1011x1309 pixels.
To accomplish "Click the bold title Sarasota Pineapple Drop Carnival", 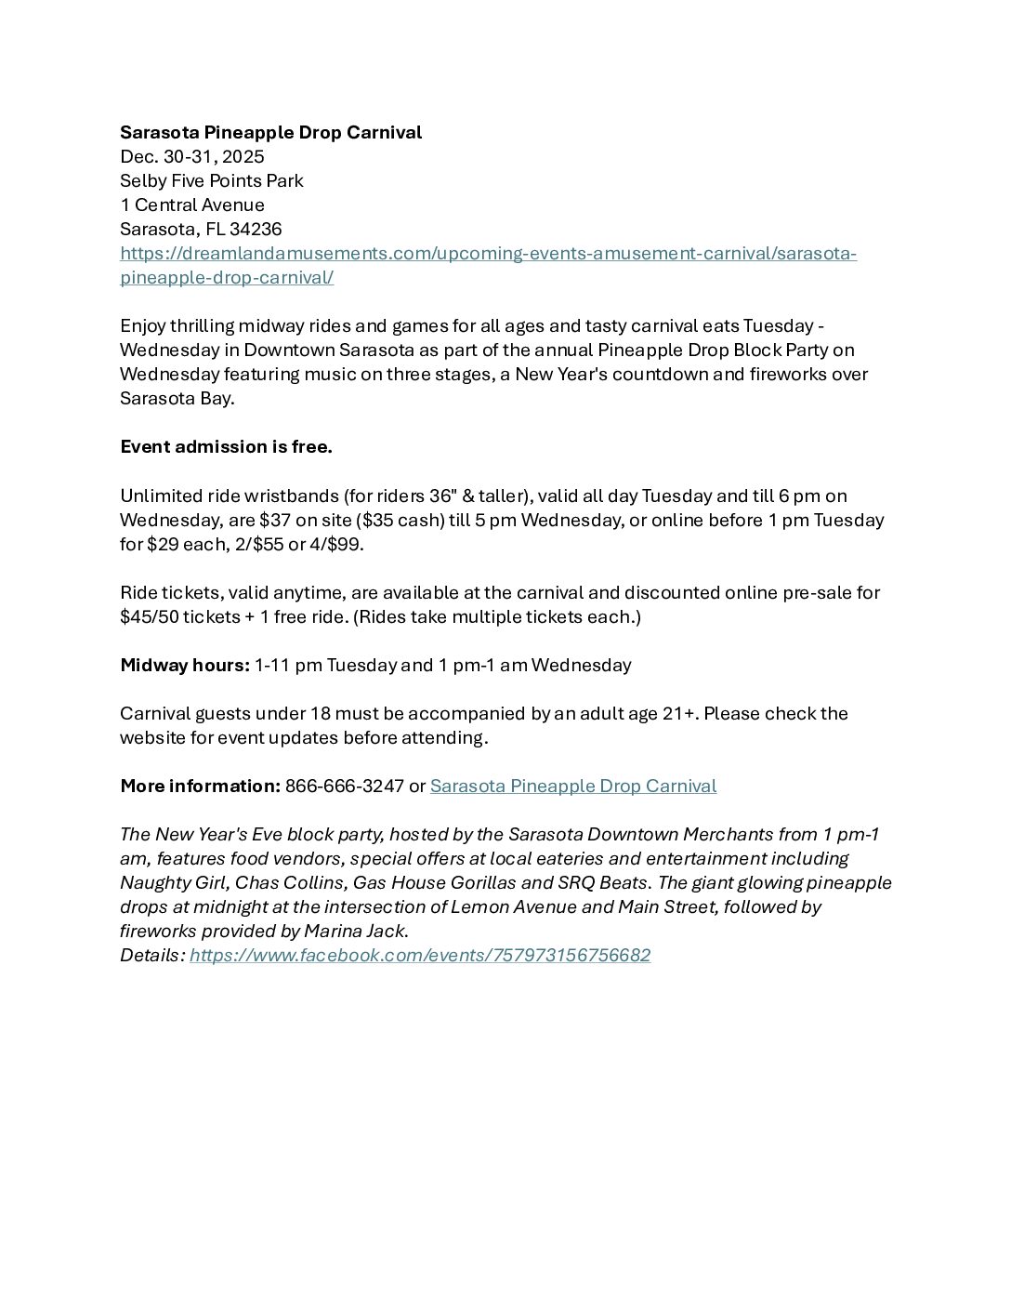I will (270, 132).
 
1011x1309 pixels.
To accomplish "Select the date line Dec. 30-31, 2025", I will (191, 156).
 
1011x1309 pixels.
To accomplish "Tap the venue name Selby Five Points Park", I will (211, 180).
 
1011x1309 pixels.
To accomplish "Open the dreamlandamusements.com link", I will (488, 253).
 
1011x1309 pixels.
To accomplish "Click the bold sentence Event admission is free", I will (226, 446).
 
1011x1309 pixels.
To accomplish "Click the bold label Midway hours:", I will (185, 665).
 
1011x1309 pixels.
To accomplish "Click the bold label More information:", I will (200, 786).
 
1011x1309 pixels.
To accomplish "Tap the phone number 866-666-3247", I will (344, 786).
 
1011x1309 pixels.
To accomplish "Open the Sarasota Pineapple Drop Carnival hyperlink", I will (572, 786).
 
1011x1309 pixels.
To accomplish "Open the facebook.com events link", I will (420, 955).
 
